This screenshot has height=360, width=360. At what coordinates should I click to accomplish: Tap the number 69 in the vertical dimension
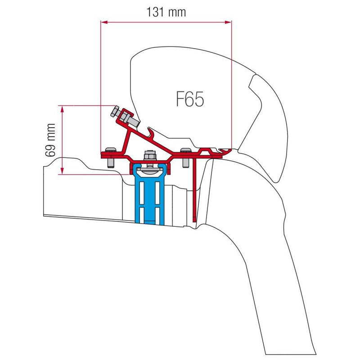click(50, 150)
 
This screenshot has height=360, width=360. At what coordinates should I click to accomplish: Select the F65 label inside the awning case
click(190, 99)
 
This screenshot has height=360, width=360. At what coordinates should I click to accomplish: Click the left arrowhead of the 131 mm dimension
click(104, 22)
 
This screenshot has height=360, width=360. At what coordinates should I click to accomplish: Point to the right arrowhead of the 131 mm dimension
click(228, 22)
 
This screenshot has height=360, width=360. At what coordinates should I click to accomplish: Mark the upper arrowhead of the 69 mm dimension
click(62, 109)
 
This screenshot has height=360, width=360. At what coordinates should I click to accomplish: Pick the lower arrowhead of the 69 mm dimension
click(62, 171)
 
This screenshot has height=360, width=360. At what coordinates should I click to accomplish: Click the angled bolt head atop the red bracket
click(115, 112)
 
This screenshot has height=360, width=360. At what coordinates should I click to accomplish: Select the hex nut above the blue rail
click(149, 155)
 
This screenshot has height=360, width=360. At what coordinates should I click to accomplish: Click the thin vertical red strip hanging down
click(195, 190)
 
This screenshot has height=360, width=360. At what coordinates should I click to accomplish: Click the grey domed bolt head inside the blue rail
click(149, 171)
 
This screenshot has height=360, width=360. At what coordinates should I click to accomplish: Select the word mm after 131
click(177, 13)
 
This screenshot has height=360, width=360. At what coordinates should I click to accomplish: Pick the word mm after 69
click(51, 132)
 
